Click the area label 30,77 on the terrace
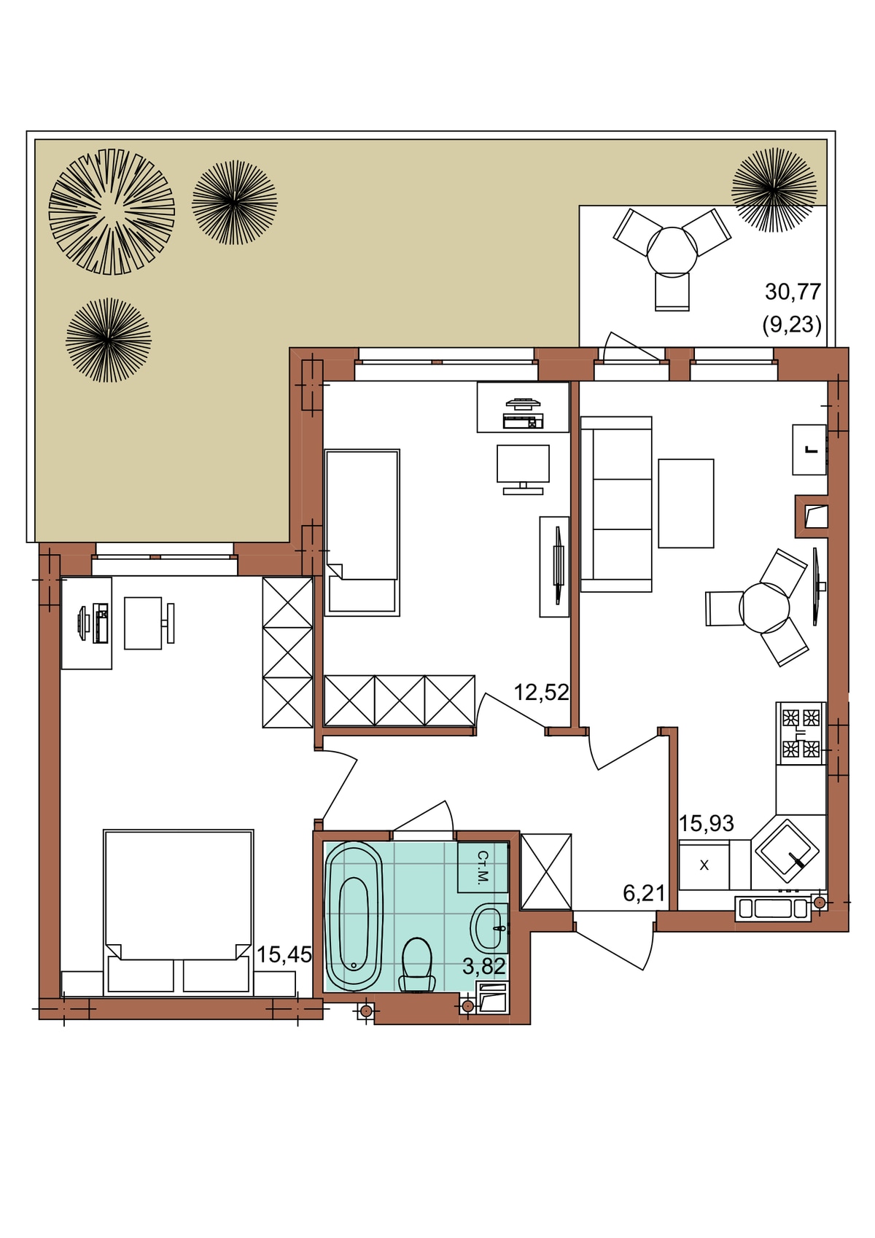coord(793,291)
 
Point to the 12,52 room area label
coord(541,692)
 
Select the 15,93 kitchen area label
coord(706,823)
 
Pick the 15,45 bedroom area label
coord(284,954)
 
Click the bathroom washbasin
coord(489,929)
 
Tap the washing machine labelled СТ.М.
coord(483,867)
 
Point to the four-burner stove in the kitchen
coord(801,733)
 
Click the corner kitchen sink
coord(787,851)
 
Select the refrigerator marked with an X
coord(704,865)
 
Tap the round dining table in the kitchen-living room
coord(764,608)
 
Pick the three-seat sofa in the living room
coord(616,504)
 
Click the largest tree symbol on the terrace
coord(112,211)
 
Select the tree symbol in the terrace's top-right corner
coord(774,190)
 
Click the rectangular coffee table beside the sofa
coord(686,503)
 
